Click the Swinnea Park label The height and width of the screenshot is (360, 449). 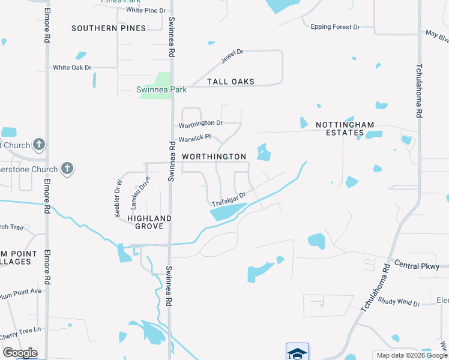(x=161, y=90)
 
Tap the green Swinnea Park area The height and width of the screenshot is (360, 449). (x=157, y=80)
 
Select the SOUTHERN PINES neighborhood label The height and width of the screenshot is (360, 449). (x=109, y=28)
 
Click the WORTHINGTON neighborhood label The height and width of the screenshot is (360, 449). (x=214, y=157)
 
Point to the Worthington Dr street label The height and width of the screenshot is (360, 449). (x=201, y=124)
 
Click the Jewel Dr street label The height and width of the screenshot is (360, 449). (x=232, y=56)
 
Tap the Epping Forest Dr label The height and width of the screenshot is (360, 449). (x=335, y=27)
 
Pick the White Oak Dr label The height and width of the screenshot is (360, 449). (x=72, y=68)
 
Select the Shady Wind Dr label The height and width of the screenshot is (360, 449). (x=399, y=302)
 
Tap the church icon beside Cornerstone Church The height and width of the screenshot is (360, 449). (x=67, y=169)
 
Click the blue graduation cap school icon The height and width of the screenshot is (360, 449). (x=297, y=352)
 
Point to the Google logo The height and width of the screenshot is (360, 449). (x=20, y=353)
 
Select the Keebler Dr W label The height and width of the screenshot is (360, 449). (x=118, y=198)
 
